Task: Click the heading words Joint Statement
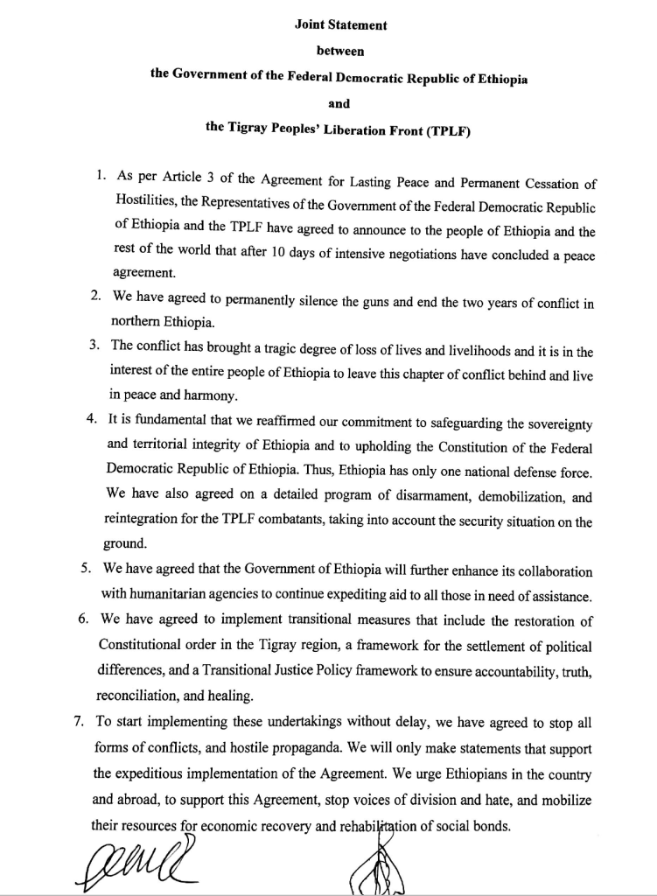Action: pos(341,25)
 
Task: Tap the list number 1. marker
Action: pos(101,176)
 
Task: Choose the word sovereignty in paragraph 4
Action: pos(551,423)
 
